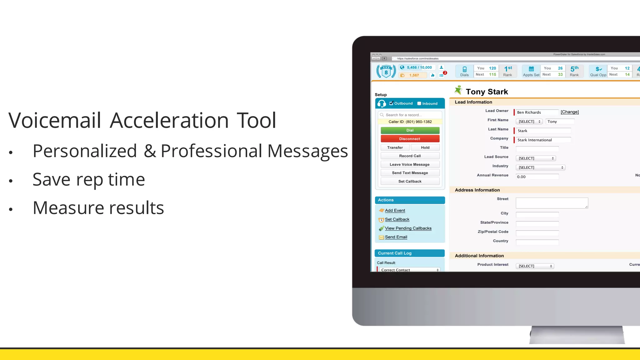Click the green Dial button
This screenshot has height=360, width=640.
pyautogui.click(x=410, y=130)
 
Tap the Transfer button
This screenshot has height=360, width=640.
pyautogui.click(x=395, y=147)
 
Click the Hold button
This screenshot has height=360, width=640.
pyautogui.click(x=425, y=147)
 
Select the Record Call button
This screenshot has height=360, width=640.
pyautogui.click(x=410, y=156)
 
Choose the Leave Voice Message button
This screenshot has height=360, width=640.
pyautogui.click(x=410, y=164)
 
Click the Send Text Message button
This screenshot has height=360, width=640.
pyautogui.click(x=410, y=173)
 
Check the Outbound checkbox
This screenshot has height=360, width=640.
pyautogui.click(x=391, y=103)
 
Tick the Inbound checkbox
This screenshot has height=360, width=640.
pyautogui.click(x=419, y=103)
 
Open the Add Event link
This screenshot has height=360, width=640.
pyautogui.click(x=395, y=211)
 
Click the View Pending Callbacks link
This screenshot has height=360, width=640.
pyautogui.click(x=408, y=228)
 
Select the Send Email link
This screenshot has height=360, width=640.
pyautogui.click(x=396, y=237)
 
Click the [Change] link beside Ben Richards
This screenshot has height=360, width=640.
pyautogui.click(x=570, y=112)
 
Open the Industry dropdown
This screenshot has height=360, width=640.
pyautogui.click(x=541, y=167)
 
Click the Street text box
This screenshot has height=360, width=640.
pyautogui.click(x=552, y=203)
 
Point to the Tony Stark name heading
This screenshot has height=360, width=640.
pyautogui.click(x=487, y=92)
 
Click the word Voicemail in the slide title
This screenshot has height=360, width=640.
pyautogui.click(x=55, y=120)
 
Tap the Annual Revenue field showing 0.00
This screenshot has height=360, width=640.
pyautogui.click(x=537, y=177)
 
